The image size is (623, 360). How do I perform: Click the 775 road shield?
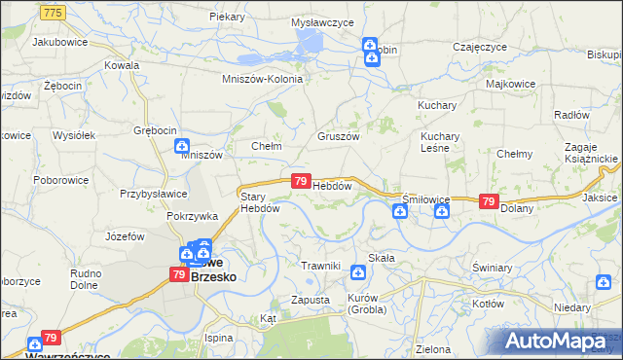[55, 11]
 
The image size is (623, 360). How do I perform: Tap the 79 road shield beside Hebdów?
[301, 182]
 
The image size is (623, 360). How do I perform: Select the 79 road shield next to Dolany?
[489, 201]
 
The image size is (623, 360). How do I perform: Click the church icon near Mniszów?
[181, 148]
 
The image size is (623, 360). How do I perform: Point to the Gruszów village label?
[339, 136]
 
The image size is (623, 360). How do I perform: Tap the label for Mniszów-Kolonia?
[262, 79]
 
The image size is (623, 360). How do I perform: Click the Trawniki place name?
[319, 265]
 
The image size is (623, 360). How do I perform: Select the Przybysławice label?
[153, 193]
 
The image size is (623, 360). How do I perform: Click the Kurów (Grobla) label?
[367, 304]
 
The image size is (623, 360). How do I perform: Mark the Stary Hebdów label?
[260, 201]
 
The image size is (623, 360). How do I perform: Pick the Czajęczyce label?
[480, 47]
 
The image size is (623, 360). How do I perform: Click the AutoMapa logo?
[561, 342]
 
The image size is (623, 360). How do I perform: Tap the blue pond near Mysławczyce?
[311, 42]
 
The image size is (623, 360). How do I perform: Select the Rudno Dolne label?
[86, 279]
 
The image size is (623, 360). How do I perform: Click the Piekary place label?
[226, 18]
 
